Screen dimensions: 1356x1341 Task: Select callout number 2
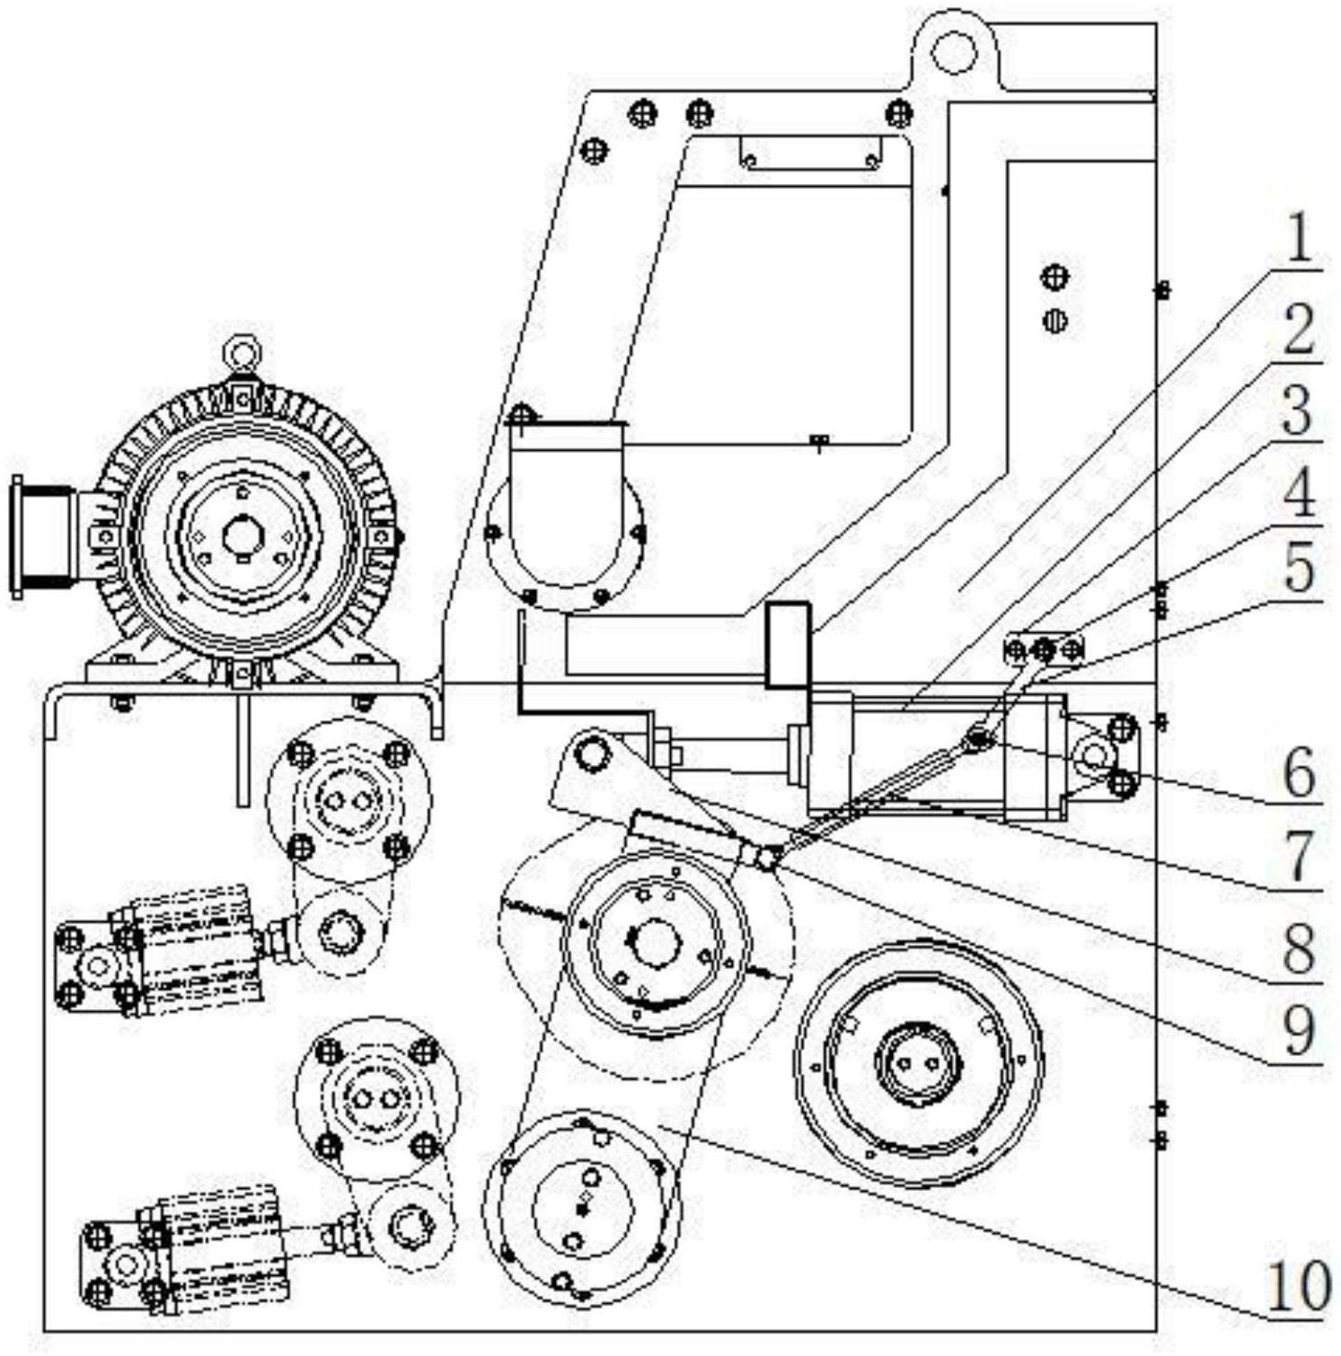pyautogui.click(x=1295, y=330)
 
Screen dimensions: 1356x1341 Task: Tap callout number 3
pyautogui.click(x=1295, y=411)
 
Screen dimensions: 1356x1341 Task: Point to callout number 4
pyautogui.click(x=1295, y=492)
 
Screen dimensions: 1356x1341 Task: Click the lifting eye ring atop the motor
pyautogui.click(x=240, y=350)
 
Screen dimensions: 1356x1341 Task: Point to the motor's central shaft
pyautogui.click(x=241, y=537)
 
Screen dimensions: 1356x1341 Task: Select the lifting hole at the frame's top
pyautogui.click(x=953, y=50)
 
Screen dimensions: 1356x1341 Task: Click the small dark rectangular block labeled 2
pyautogui.click(x=788, y=646)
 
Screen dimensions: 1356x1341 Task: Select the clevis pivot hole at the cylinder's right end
pyautogui.click(x=1090, y=755)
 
